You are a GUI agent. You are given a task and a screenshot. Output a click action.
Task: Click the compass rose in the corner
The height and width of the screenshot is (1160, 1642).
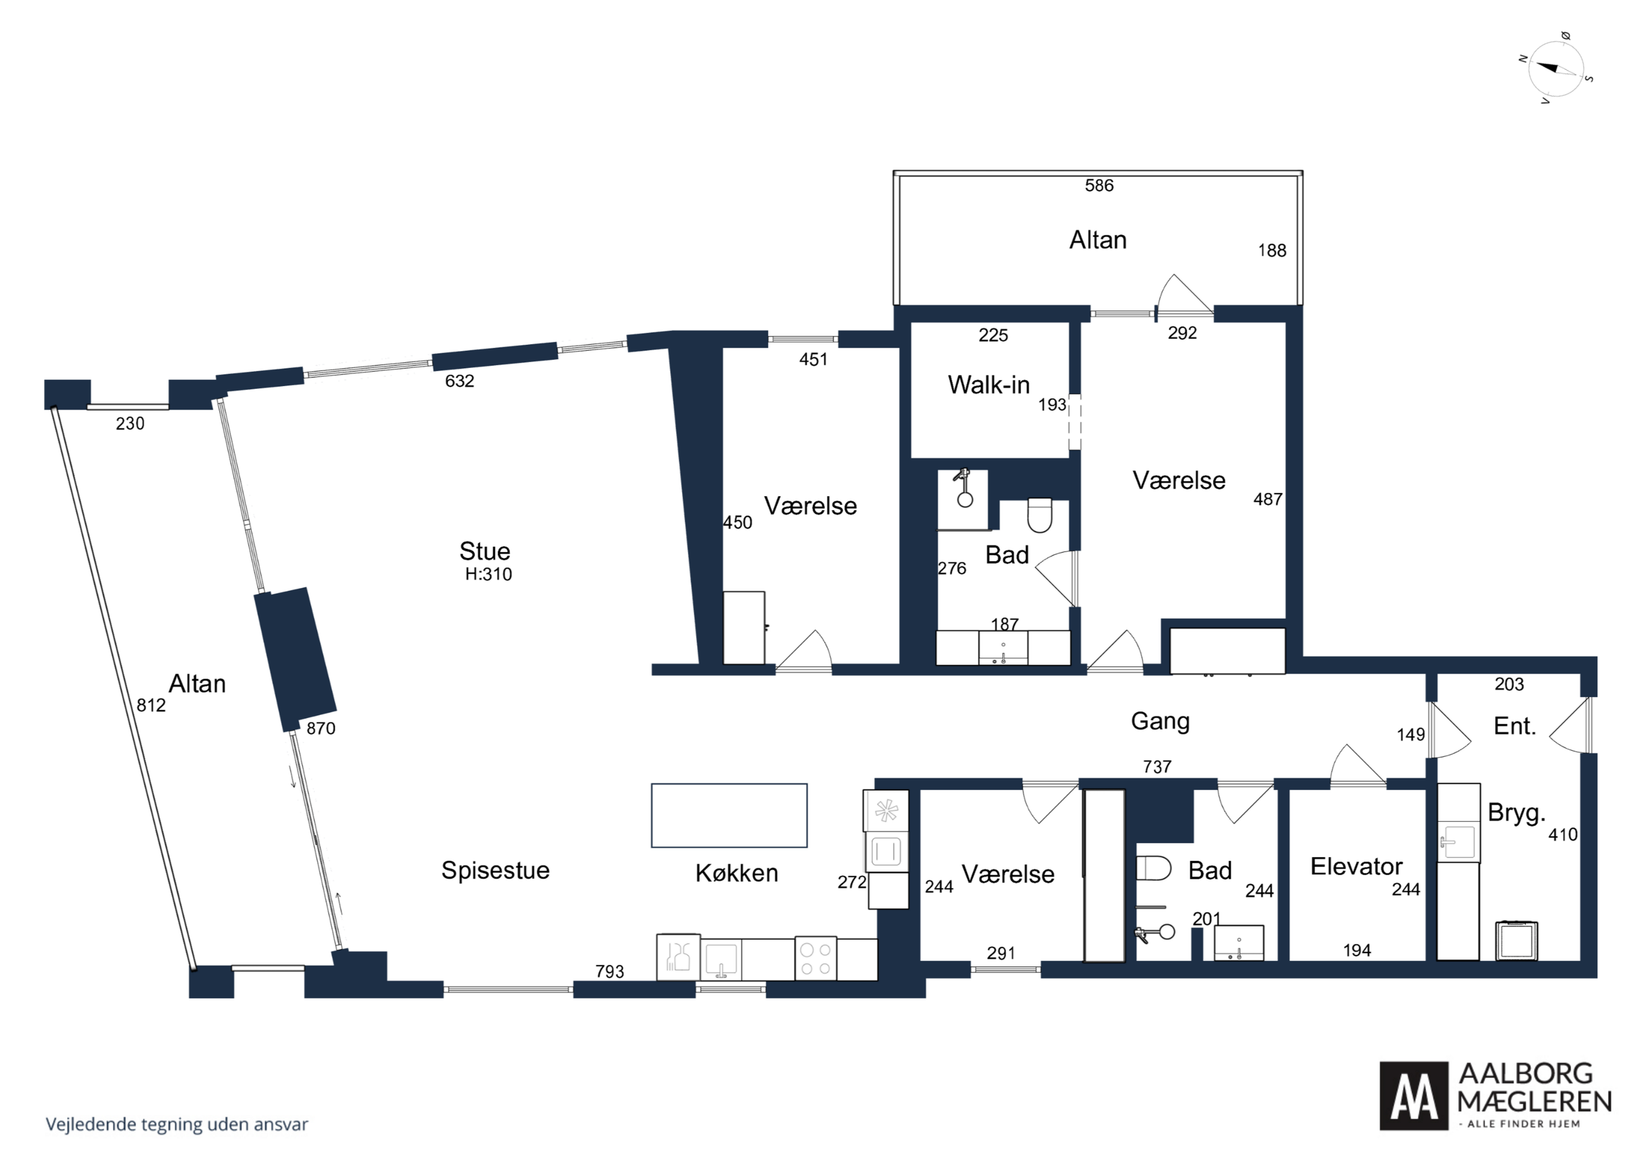click(x=1555, y=69)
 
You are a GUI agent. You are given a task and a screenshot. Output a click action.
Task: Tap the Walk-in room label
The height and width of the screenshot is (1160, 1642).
click(x=988, y=384)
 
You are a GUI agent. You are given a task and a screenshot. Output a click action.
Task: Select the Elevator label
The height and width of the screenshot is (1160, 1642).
click(x=1356, y=867)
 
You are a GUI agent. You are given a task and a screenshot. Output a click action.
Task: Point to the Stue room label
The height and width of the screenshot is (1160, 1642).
click(x=485, y=551)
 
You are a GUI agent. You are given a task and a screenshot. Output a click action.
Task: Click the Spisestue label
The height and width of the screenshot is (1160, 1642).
click(x=496, y=870)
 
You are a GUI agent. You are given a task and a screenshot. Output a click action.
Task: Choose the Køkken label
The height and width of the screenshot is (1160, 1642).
click(x=736, y=873)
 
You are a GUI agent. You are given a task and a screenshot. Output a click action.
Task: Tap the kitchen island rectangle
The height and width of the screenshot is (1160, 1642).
click(x=729, y=815)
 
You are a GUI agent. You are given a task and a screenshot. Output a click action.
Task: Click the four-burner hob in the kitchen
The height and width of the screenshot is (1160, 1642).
click(x=815, y=959)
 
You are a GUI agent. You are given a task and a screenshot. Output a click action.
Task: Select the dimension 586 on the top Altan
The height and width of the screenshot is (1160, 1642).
click(x=1100, y=186)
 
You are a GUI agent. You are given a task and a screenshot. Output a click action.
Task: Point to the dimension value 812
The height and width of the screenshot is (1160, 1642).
click(x=151, y=706)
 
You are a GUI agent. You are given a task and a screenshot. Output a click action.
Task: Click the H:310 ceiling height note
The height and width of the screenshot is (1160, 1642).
click(x=488, y=574)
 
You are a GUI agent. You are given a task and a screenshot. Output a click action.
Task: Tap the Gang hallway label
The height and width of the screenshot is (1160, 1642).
click(x=1160, y=721)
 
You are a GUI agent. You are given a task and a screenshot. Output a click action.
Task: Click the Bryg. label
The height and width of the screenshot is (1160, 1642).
click(x=1517, y=814)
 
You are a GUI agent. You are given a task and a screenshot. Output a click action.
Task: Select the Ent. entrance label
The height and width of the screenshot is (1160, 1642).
click(x=1514, y=726)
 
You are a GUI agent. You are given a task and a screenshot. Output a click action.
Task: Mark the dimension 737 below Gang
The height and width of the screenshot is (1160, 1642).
click(x=1157, y=767)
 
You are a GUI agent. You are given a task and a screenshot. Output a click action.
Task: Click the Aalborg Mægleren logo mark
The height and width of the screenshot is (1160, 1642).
click(x=1413, y=1096)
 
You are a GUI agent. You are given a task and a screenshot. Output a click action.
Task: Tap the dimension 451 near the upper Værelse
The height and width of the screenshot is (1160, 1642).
click(x=813, y=360)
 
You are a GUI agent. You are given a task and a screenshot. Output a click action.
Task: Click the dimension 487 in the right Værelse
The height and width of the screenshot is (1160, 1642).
click(x=1268, y=500)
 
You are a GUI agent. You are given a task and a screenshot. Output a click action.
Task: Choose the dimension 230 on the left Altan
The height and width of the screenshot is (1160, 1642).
click(x=130, y=424)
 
